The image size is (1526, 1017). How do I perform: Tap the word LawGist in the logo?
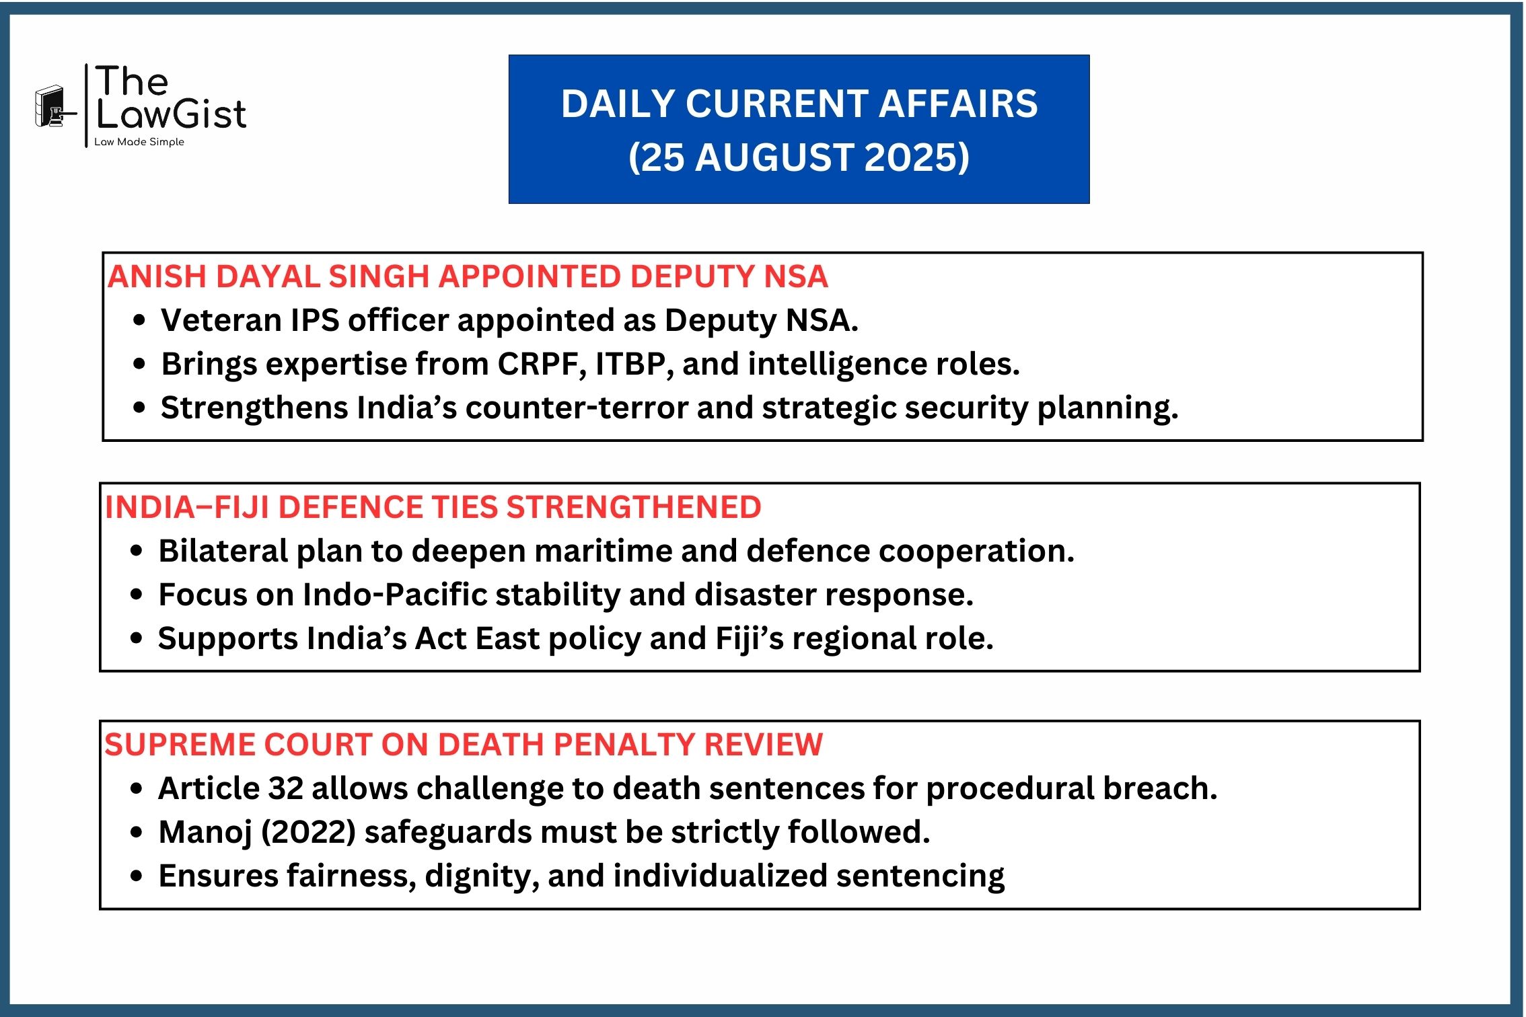tap(172, 114)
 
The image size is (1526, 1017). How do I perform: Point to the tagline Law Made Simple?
tap(139, 142)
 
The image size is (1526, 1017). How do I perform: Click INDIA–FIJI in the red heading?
tap(187, 507)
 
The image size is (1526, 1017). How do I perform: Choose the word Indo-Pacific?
tap(395, 595)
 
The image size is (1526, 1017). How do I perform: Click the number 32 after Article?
tap(286, 788)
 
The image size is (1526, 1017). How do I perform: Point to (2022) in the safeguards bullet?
tap(309, 833)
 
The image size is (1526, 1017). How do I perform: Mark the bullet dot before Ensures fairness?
tap(137, 876)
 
